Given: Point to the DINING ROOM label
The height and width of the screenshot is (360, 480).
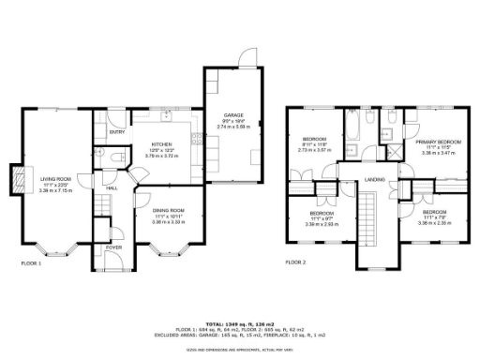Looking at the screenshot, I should coord(169,210).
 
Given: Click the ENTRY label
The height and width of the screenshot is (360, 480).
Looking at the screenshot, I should coord(117,132).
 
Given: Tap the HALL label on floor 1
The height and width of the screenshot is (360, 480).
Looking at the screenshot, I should coord(112,188).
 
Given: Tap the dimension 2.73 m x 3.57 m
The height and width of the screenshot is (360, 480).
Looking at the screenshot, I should coord(314,150).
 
